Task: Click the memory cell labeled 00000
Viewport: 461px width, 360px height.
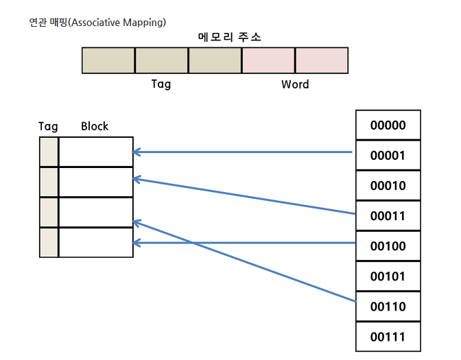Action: click(x=388, y=125)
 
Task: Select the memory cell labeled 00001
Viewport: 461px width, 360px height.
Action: click(x=388, y=155)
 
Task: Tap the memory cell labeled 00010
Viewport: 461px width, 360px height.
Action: click(x=388, y=185)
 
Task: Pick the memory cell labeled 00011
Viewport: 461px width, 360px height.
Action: click(x=388, y=216)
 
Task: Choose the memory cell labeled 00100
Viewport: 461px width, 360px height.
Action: click(x=388, y=246)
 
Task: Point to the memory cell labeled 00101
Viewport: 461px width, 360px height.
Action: click(x=388, y=276)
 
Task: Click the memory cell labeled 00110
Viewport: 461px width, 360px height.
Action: click(x=388, y=307)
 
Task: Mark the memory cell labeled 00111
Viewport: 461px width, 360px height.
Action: click(x=388, y=337)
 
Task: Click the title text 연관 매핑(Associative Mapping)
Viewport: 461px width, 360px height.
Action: click(x=97, y=23)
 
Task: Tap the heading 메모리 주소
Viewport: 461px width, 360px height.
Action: click(x=229, y=37)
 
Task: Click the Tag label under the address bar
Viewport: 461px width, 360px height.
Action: click(x=161, y=84)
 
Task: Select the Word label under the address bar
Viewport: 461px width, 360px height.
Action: click(x=295, y=84)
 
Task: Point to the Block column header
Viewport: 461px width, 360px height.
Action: click(x=95, y=126)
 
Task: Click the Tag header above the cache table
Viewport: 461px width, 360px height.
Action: click(x=48, y=127)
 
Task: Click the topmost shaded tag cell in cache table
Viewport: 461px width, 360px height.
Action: click(x=49, y=152)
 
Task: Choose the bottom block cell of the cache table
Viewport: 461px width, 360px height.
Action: click(x=96, y=243)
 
